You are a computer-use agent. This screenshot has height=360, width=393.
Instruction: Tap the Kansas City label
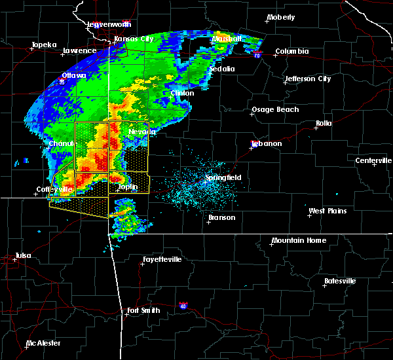(x=134, y=39)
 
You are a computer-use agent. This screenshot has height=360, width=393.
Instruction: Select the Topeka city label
(x=44, y=45)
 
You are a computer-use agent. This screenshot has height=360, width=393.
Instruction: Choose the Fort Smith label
(x=143, y=310)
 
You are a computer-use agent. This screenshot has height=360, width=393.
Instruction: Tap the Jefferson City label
(x=307, y=79)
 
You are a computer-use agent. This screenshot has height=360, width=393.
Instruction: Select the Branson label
(x=223, y=217)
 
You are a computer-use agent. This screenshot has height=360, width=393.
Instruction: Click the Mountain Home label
(x=298, y=240)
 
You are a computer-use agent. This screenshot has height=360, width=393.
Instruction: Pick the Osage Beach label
(x=275, y=109)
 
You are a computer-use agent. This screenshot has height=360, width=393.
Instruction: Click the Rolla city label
(x=324, y=123)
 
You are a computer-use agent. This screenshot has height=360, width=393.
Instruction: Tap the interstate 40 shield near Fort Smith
(x=183, y=305)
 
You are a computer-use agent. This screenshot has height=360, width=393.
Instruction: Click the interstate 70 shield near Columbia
(x=259, y=56)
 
